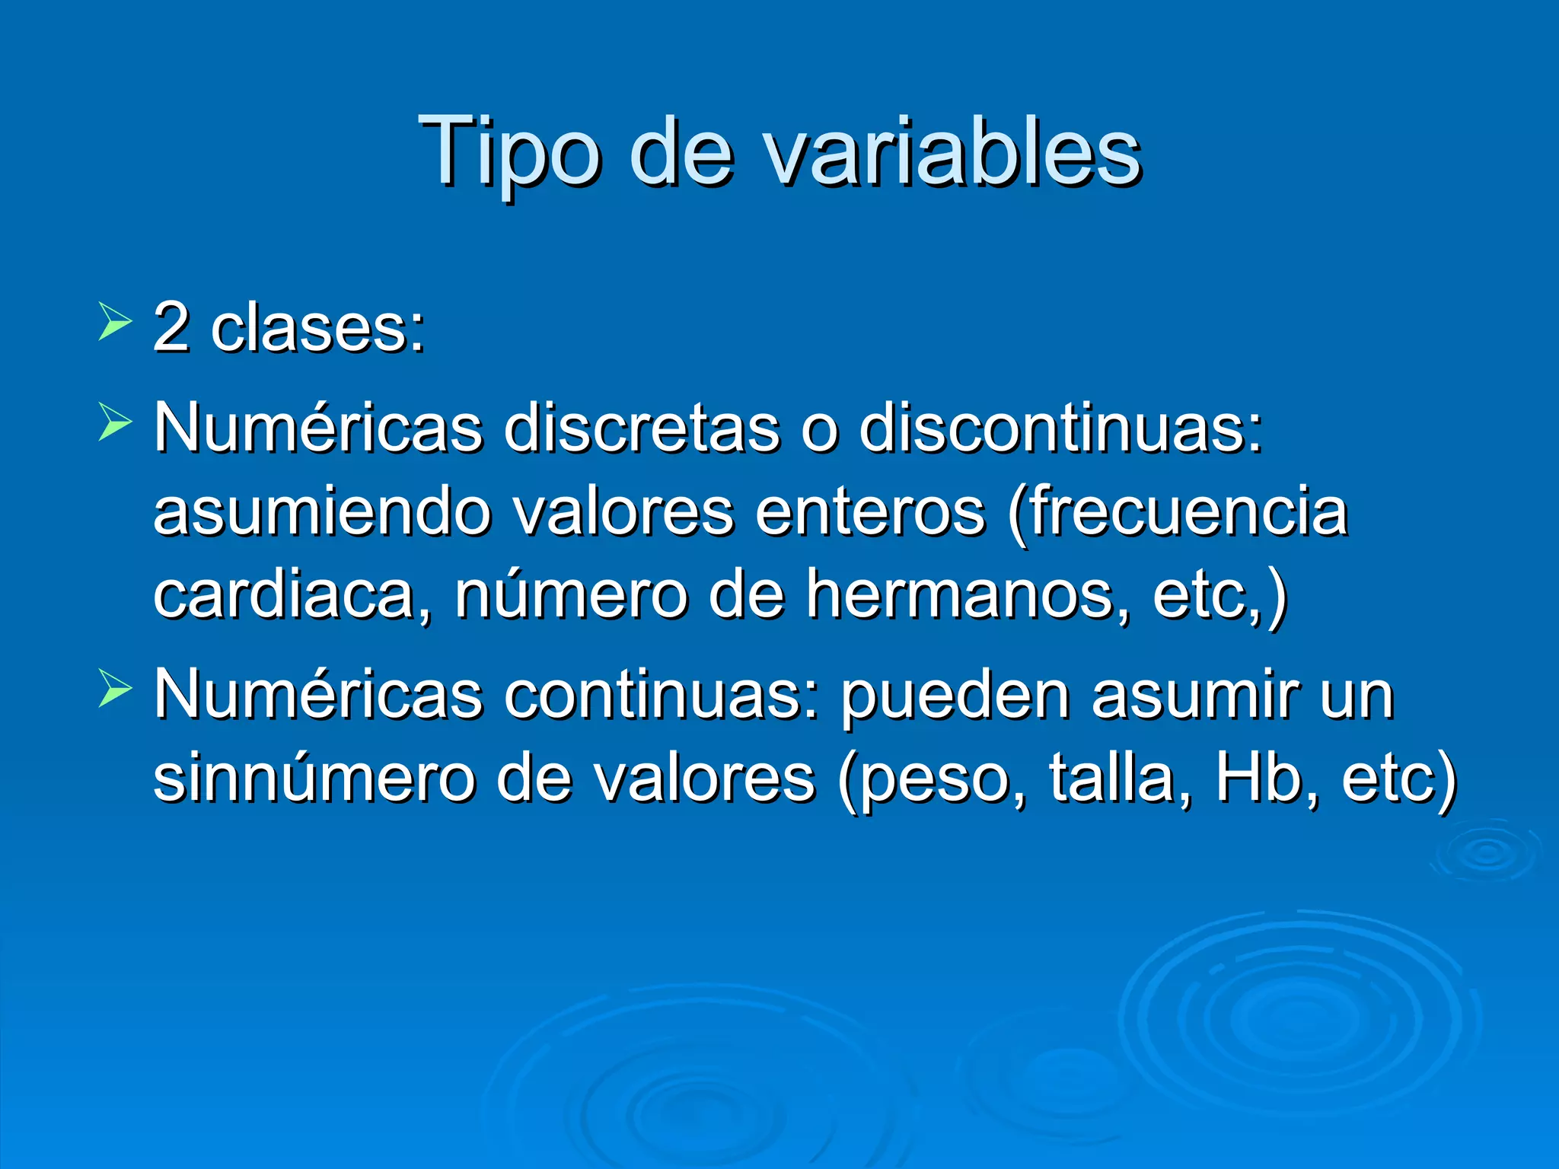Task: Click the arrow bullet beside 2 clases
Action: tap(114, 320)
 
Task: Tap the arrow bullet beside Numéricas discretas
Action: tap(114, 422)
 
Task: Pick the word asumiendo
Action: tap(323, 511)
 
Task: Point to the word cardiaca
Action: tap(292, 595)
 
